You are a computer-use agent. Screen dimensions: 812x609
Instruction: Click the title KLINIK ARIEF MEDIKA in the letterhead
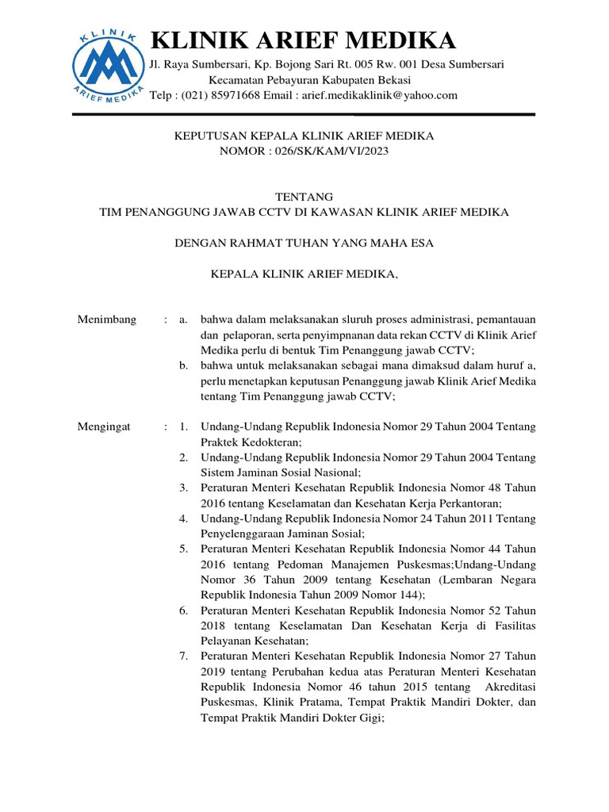pyautogui.click(x=303, y=40)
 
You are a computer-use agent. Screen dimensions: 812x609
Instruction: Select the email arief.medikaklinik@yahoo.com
pyautogui.click(x=377, y=95)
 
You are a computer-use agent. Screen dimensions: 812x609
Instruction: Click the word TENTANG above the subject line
pyautogui.click(x=304, y=197)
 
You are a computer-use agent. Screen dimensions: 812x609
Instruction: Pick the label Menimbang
pyautogui.click(x=107, y=320)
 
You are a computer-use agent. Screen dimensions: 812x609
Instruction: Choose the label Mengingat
pyautogui.click(x=104, y=427)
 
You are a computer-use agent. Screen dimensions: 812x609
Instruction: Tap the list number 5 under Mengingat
pyautogui.click(x=183, y=549)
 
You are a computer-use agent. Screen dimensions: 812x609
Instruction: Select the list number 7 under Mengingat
pyautogui.click(x=183, y=657)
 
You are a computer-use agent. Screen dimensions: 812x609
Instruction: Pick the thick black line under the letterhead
pyautogui.click(x=304, y=115)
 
